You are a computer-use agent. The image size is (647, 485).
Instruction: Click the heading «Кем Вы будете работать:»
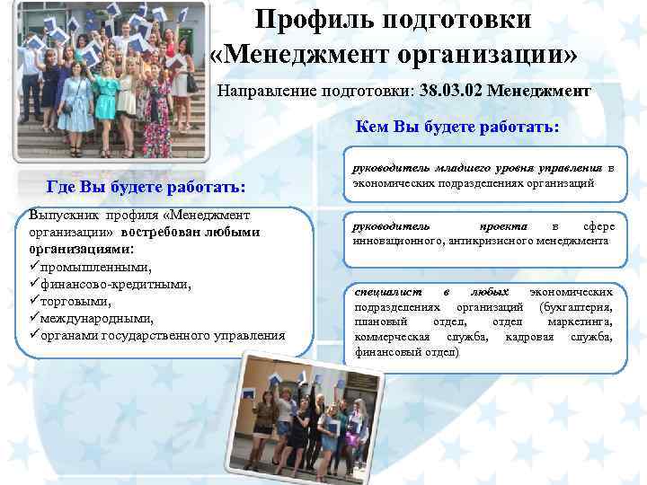pyautogui.click(x=457, y=127)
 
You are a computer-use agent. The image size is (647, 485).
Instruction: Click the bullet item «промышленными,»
pyautogui.click(x=86, y=268)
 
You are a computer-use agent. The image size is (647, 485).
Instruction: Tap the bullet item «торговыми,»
pyautogui.click(x=76, y=301)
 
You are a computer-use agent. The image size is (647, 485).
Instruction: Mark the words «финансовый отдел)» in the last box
pyautogui.click(x=406, y=353)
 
